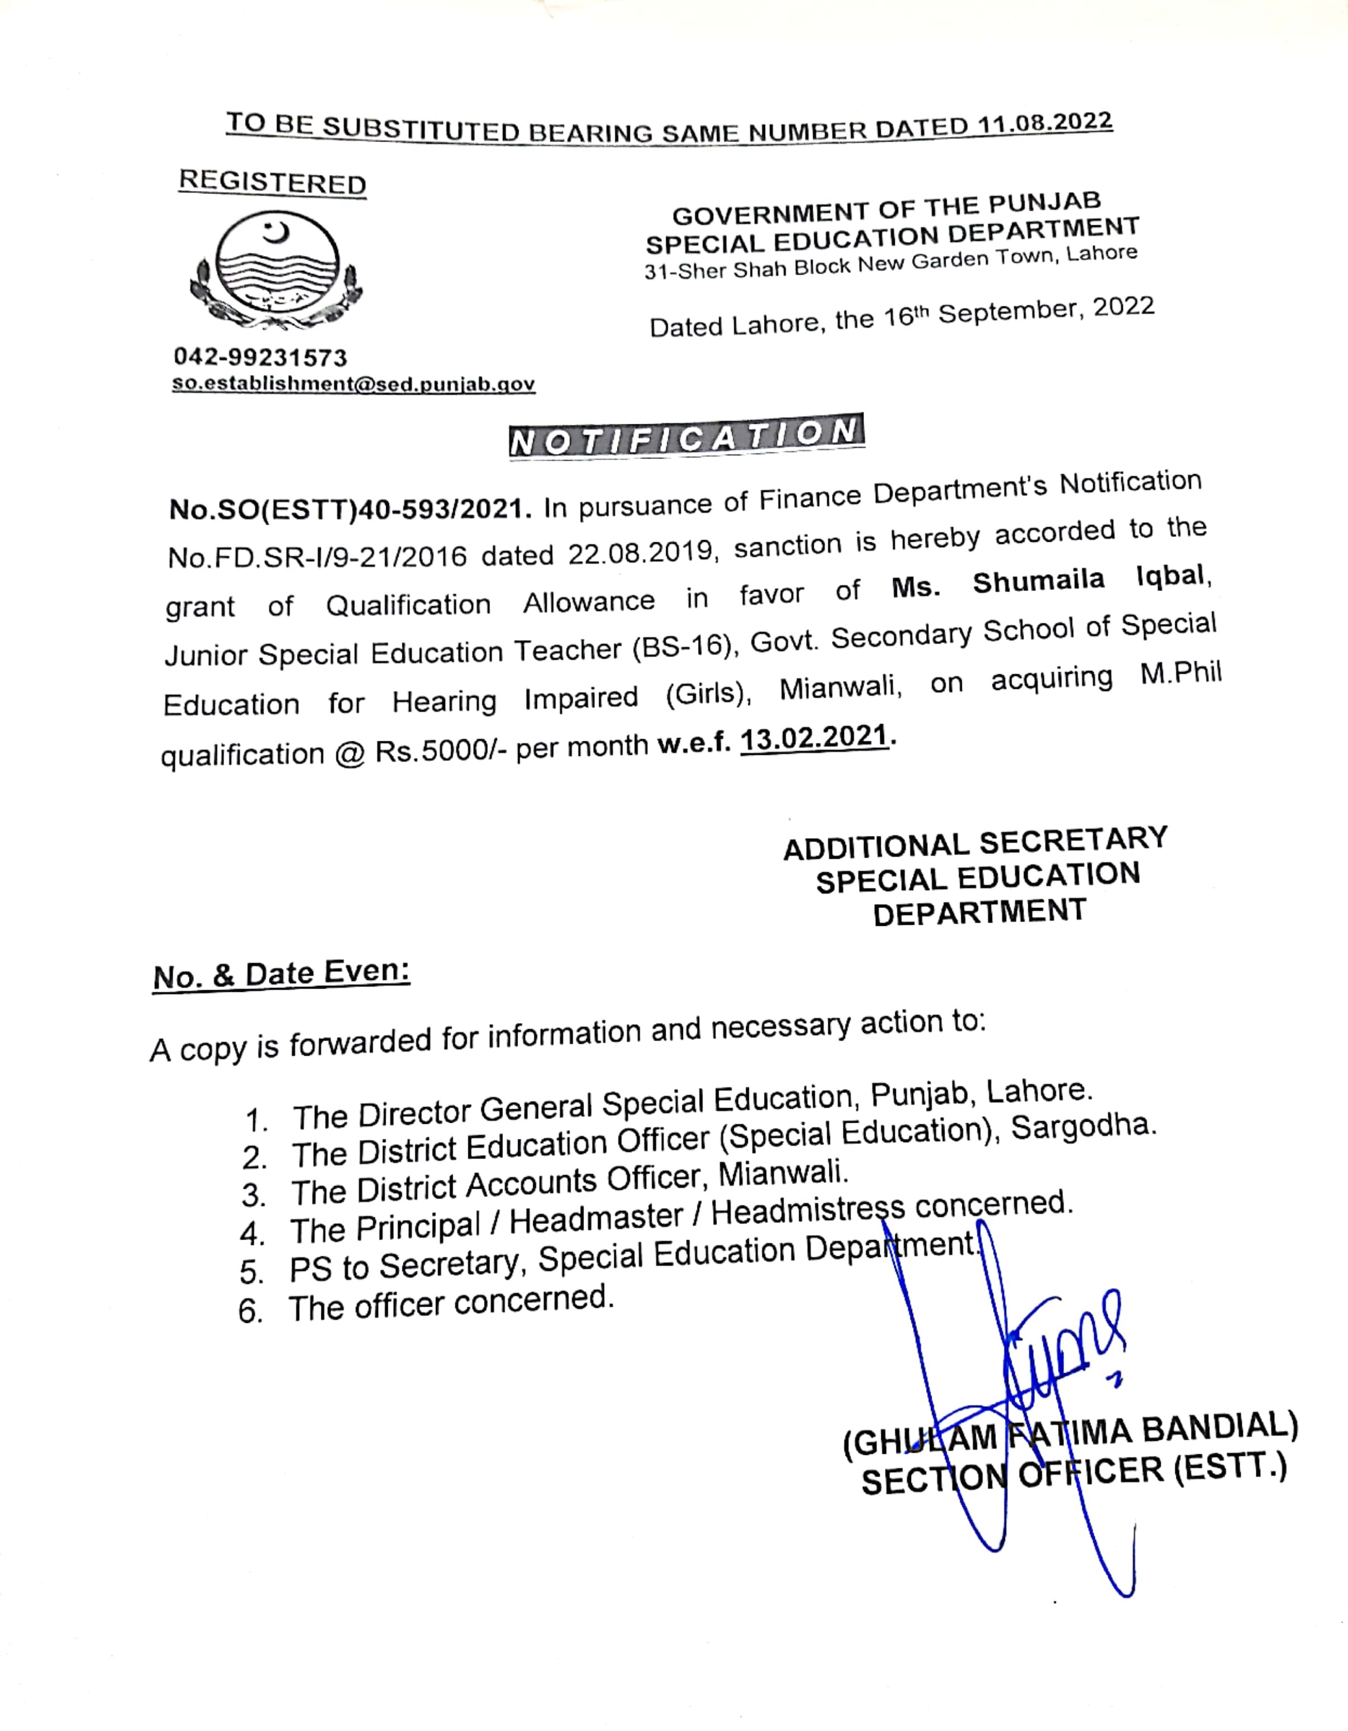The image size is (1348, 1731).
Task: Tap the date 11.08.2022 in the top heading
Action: (1045, 124)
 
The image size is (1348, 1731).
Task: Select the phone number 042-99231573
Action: (260, 357)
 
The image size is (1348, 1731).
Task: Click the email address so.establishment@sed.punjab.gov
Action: (353, 385)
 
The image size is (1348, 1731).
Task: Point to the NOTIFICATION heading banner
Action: (686, 434)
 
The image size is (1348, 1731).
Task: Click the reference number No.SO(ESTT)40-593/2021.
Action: (349, 509)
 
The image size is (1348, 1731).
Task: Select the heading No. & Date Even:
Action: (281, 974)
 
